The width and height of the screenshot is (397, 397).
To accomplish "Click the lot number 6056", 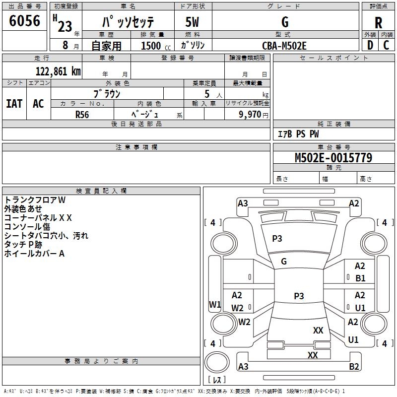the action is [x=24, y=21].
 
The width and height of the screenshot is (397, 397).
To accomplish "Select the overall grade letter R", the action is [x=378, y=23].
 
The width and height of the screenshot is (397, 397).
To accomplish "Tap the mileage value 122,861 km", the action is [x=58, y=71].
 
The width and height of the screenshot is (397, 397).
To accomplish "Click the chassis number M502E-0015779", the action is [x=333, y=158].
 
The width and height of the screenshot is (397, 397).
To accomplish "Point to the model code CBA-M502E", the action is [x=284, y=46].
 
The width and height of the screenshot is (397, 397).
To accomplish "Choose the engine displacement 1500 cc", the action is [x=156, y=46].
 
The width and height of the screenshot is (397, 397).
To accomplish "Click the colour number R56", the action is [x=82, y=115].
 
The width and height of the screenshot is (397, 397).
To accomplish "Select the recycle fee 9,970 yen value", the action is [x=253, y=115].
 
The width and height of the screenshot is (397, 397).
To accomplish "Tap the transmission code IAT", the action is [x=14, y=104].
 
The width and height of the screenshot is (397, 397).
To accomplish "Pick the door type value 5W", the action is [x=192, y=22].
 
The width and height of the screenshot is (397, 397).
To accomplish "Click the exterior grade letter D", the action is [x=370, y=45].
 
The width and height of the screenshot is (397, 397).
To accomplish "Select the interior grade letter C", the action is [x=386, y=45].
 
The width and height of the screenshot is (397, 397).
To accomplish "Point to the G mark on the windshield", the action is [x=284, y=262].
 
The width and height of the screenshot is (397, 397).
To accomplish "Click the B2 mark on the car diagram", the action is [x=354, y=366].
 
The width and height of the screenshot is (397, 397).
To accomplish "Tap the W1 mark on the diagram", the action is [x=215, y=304].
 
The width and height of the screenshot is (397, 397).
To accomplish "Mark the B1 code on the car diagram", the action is [x=360, y=278].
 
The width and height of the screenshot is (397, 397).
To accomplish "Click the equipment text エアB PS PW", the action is [x=298, y=134].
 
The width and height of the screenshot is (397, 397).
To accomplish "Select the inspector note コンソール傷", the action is [x=27, y=227].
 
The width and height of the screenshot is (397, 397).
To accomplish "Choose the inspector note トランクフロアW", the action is [x=35, y=200].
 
